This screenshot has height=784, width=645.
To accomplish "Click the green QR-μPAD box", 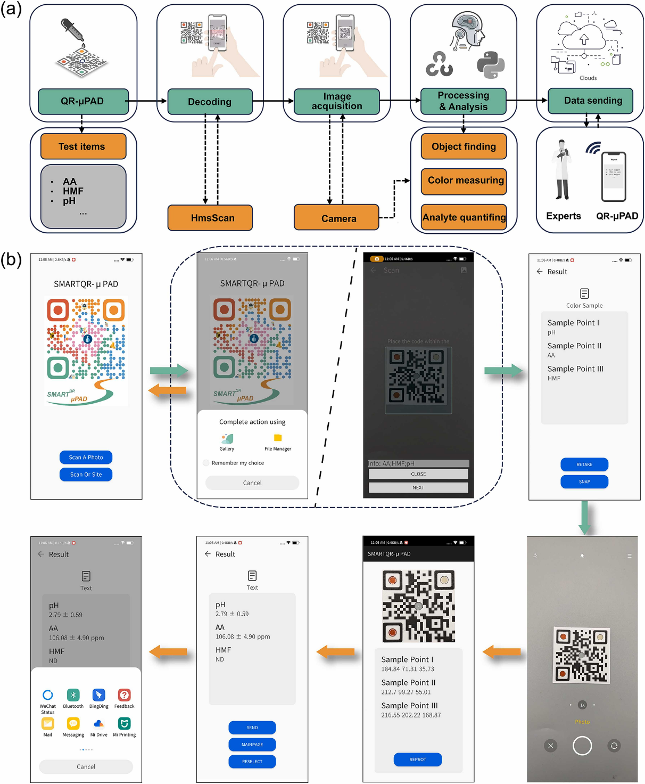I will click(x=83, y=101).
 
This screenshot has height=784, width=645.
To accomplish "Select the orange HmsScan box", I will click(x=210, y=218).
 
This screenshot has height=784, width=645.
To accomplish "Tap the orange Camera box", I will click(x=336, y=218).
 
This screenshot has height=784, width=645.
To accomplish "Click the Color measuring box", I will click(x=464, y=181).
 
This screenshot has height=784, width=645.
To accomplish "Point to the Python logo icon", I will click(x=490, y=65).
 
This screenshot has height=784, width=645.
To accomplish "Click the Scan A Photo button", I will click(x=86, y=457).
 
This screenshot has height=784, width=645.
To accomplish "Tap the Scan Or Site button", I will click(x=86, y=474).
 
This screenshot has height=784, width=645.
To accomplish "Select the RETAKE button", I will click(x=584, y=464).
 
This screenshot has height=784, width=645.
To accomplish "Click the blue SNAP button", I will click(x=584, y=481).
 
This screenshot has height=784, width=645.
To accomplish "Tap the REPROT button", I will click(x=418, y=759).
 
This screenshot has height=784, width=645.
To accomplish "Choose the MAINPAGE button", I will click(x=252, y=745).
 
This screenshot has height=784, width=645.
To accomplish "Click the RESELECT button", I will click(x=252, y=762).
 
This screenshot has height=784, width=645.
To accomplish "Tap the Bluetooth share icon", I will click(x=73, y=695).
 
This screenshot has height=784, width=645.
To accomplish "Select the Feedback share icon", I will click(x=124, y=695).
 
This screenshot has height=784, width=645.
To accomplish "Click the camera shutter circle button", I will click(x=582, y=746).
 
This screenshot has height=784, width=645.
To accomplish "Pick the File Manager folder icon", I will click(x=278, y=438).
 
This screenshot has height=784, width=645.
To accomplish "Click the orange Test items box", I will click(x=83, y=146).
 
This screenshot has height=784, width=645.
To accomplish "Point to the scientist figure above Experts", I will click(x=562, y=170).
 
